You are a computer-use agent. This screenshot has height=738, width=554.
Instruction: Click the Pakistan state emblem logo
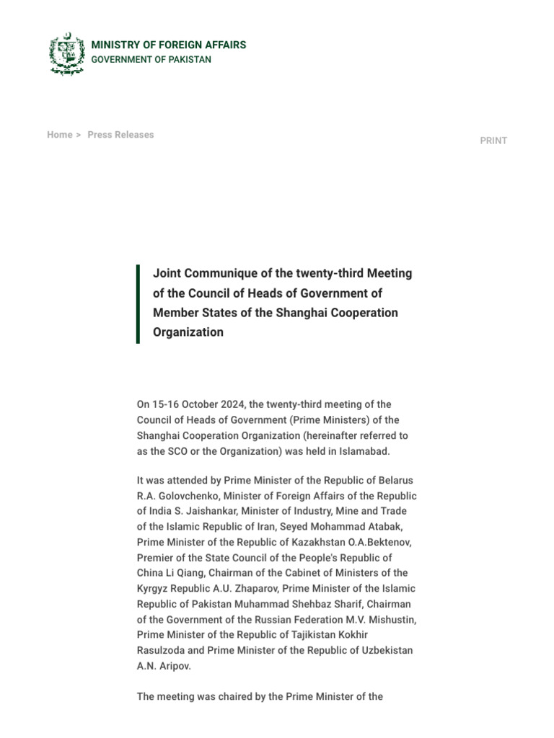coord(66,53)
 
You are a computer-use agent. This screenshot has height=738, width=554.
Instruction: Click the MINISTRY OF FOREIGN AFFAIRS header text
coord(168,45)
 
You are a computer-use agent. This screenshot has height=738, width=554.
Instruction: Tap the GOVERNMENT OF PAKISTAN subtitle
coord(151,60)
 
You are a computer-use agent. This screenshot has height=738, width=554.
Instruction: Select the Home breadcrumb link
coord(59,135)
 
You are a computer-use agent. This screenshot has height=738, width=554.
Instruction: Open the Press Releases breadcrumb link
coord(120,135)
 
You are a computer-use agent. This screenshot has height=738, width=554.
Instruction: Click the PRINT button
coord(493,141)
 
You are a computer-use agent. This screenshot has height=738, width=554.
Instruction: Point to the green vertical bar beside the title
coord(138,303)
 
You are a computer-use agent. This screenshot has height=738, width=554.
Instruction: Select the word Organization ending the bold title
coord(188,332)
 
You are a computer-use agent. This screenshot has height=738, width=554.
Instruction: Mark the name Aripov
coord(175,665)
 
